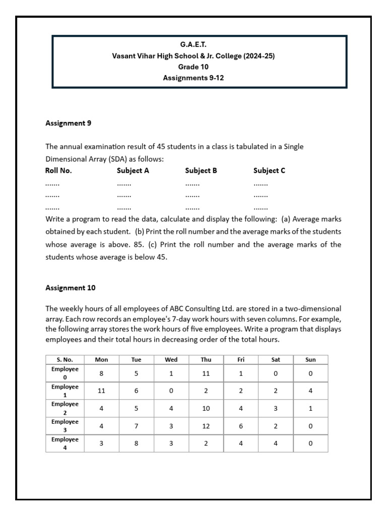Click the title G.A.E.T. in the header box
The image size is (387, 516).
pyautogui.click(x=193, y=45)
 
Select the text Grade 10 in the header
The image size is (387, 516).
pyautogui.click(x=193, y=67)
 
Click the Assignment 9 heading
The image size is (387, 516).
pyautogui.click(x=69, y=123)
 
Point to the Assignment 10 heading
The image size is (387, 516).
pyautogui.click(x=71, y=288)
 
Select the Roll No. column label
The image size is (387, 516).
pyautogui.click(x=59, y=170)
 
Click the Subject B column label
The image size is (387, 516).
pyautogui.click(x=201, y=170)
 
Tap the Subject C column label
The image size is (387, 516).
pyautogui.click(x=269, y=170)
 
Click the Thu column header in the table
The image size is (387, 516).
pyautogui.click(x=206, y=359)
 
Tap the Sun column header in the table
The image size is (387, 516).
pyautogui.click(x=310, y=359)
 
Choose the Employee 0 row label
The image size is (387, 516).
pyautogui.click(x=65, y=373)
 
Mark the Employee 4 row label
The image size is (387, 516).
pyautogui.click(x=65, y=443)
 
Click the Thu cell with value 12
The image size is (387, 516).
pyautogui.click(x=206, y=426)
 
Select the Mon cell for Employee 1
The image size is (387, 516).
pyautogui.click(x=102, y=391)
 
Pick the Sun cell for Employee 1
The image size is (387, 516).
pyautogui.click(x=310, y=391)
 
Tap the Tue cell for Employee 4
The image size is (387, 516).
pyautogui.click(x=137, y=443)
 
